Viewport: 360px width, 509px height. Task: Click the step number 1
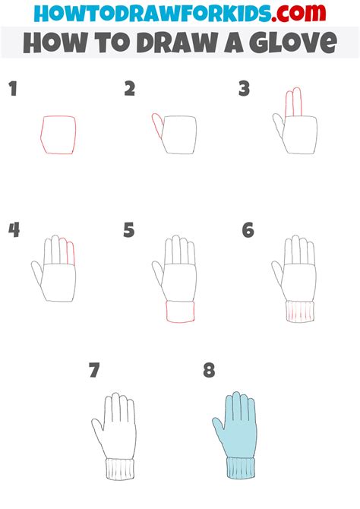tap(13, 90)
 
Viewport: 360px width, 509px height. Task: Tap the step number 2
tap(130, 90)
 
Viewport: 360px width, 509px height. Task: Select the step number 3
tap(244, 90)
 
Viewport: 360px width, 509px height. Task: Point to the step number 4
tap(14, 229)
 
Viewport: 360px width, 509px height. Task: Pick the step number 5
tap(129, 229)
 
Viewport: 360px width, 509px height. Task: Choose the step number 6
tap(248, 229)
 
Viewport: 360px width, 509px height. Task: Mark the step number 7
tap(94, 371)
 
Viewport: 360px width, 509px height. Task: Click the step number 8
tap(209, 371)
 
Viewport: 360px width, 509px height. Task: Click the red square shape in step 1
tap(59, 134)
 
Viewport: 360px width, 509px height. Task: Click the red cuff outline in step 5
tap(179, 311)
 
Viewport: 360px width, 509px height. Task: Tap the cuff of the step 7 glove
tap(120, 469)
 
